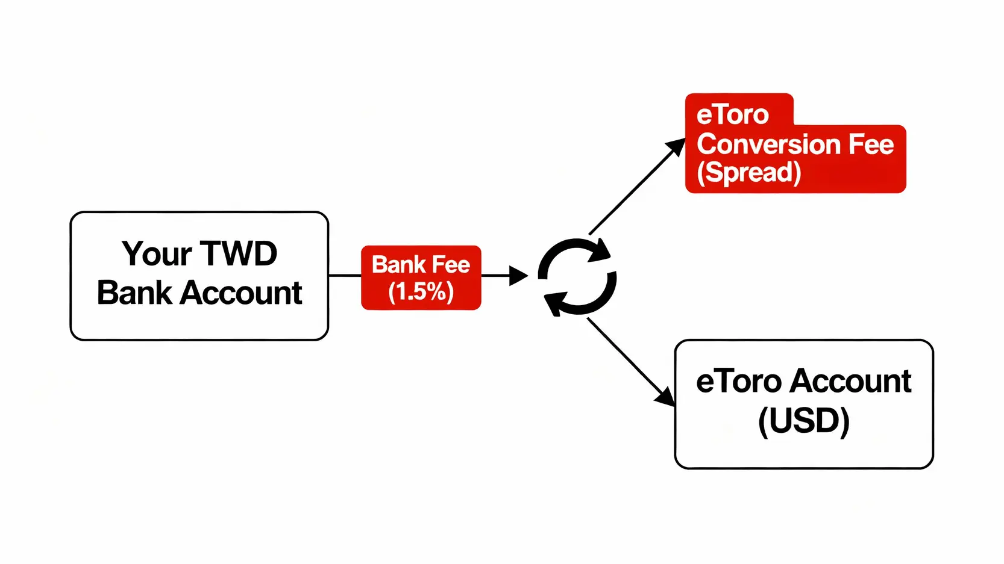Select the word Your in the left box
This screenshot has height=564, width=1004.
coord(157,254)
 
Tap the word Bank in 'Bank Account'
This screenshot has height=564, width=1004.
coord(134,293)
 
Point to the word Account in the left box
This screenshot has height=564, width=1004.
coord(241,293)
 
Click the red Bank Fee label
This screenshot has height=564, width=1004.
coord(421,265)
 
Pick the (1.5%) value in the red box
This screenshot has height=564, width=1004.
coord(421,292)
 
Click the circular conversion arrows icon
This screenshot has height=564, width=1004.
coord(577,277)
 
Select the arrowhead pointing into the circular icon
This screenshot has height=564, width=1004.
coord(518,276)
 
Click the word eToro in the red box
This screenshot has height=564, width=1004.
coord(732,114)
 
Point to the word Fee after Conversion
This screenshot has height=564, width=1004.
coord(871,144)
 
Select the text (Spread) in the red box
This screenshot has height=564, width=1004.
coord(748,173)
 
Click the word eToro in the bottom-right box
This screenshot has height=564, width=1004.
coord(739,382)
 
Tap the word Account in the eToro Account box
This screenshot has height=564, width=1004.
coord(851,382)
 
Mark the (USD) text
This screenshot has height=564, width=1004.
coord(804,421)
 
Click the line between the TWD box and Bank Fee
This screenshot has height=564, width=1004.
coord(345,276)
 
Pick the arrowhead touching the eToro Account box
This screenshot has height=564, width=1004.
coord(665,397)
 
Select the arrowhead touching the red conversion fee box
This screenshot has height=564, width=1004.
coord(676,147)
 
